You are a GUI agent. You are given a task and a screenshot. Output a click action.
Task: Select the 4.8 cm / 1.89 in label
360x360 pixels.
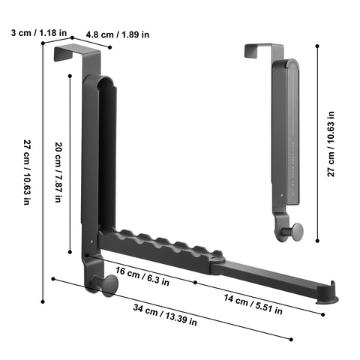tap(117, 34)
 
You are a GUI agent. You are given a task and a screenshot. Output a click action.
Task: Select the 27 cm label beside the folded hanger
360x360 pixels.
tap(331, 144)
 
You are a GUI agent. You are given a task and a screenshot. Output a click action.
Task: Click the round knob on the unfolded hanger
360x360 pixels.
tap(106, 284)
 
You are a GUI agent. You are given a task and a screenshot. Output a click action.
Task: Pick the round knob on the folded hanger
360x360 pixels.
tap(295, 230)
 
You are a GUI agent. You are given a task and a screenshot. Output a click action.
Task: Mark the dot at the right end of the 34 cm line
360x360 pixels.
tap(291, 339)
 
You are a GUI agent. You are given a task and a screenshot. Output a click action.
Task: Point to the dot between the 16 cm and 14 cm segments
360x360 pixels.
tap(195, 282)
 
